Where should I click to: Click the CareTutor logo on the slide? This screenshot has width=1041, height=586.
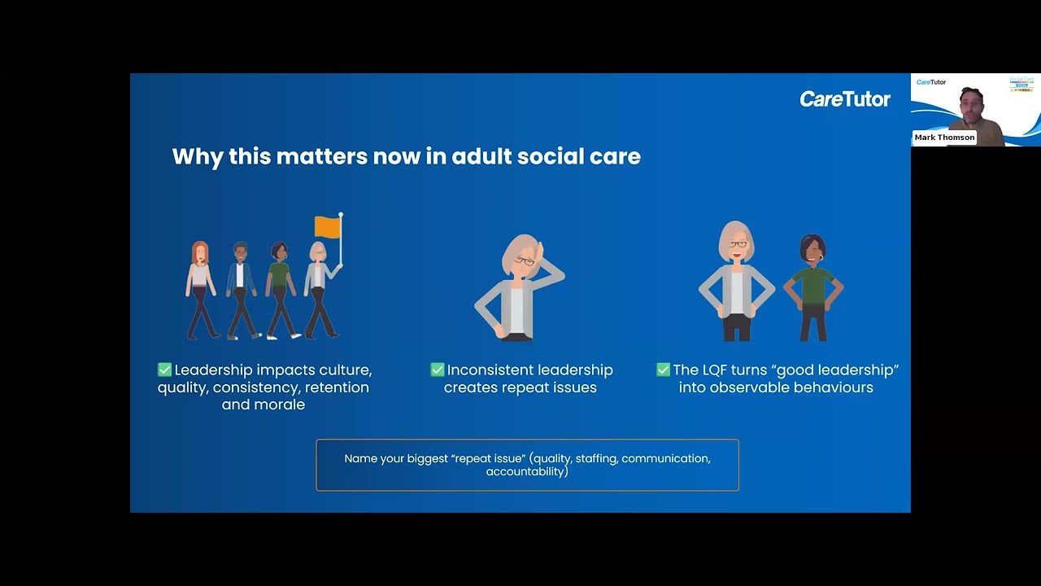pyautogui.click(x=845, y=99)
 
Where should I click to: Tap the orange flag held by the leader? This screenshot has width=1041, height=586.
pyautogui.click(x=326, y=227)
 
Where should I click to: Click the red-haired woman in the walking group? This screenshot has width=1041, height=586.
pyautogui.click(x=200, y=289)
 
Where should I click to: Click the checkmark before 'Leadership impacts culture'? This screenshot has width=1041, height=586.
pyautogui.click(x=165, y=370)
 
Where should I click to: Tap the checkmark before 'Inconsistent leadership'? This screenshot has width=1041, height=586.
pyautogui.click(x=438, y=370)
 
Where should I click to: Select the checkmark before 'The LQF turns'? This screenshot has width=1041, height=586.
pyautogui.click(x=663, y=370)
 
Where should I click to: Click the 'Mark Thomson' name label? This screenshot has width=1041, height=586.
pyautogui.click(x=944, y=138)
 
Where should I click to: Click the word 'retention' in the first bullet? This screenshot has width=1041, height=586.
pyautogui.click(x=337, y=387)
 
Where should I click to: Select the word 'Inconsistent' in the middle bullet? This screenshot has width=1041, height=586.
pyautogui.click(x=486, y=370)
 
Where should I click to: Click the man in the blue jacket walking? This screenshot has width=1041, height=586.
pyautogui.click(x=241, y=289)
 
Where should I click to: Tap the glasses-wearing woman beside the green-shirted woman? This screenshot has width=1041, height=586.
pyautogui.click(x=737, y=281)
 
